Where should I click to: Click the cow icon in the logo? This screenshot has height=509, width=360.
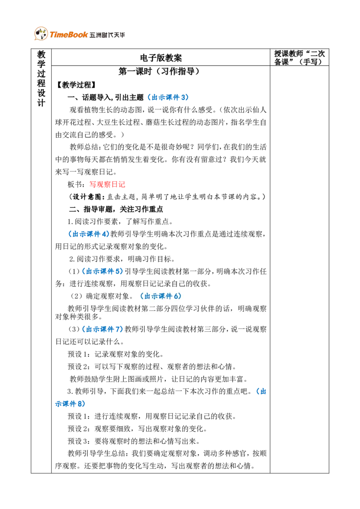coord(41,34)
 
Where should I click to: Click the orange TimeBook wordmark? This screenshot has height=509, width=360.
coord(69,35)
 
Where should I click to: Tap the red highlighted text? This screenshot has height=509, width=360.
coord(108,184)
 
